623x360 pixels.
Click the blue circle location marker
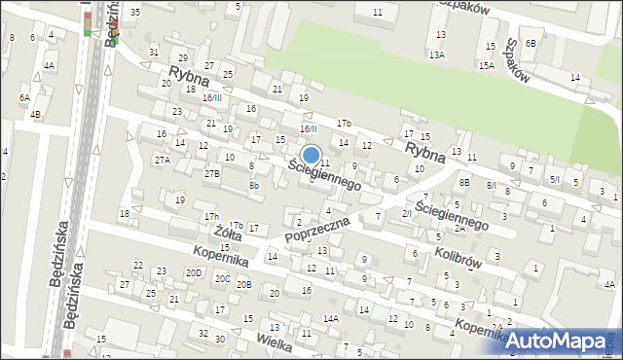(x=311, y=155)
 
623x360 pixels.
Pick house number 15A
(x=486, y=65)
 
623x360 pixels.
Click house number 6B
(x=531, y=44)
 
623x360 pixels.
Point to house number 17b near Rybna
(x=344, y=123)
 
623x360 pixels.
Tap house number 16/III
(x=212, y=98)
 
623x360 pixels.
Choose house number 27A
(x=163, y=159)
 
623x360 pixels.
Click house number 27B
(x=212, y=173)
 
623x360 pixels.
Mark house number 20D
(x=194, y=272)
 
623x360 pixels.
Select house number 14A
(x=331, y=318)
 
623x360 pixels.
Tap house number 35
(x=135, y=12)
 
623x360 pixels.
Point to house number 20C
(x=223, y=279)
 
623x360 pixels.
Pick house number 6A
(x=24, y=98)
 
